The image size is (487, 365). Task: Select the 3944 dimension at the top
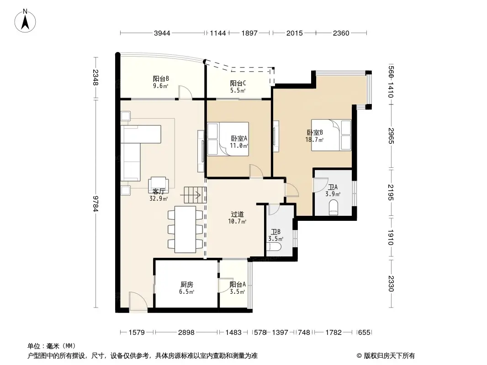tap(162, 33)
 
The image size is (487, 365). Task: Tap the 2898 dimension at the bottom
tap(186, 333)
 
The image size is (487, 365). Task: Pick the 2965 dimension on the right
tap(391, 136)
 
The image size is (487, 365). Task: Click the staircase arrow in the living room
tap(192, 196)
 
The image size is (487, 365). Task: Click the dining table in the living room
tap(185, 229)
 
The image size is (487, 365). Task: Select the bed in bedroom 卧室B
tap(331, 134)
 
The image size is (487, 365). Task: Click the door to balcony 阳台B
tap(185, 92)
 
